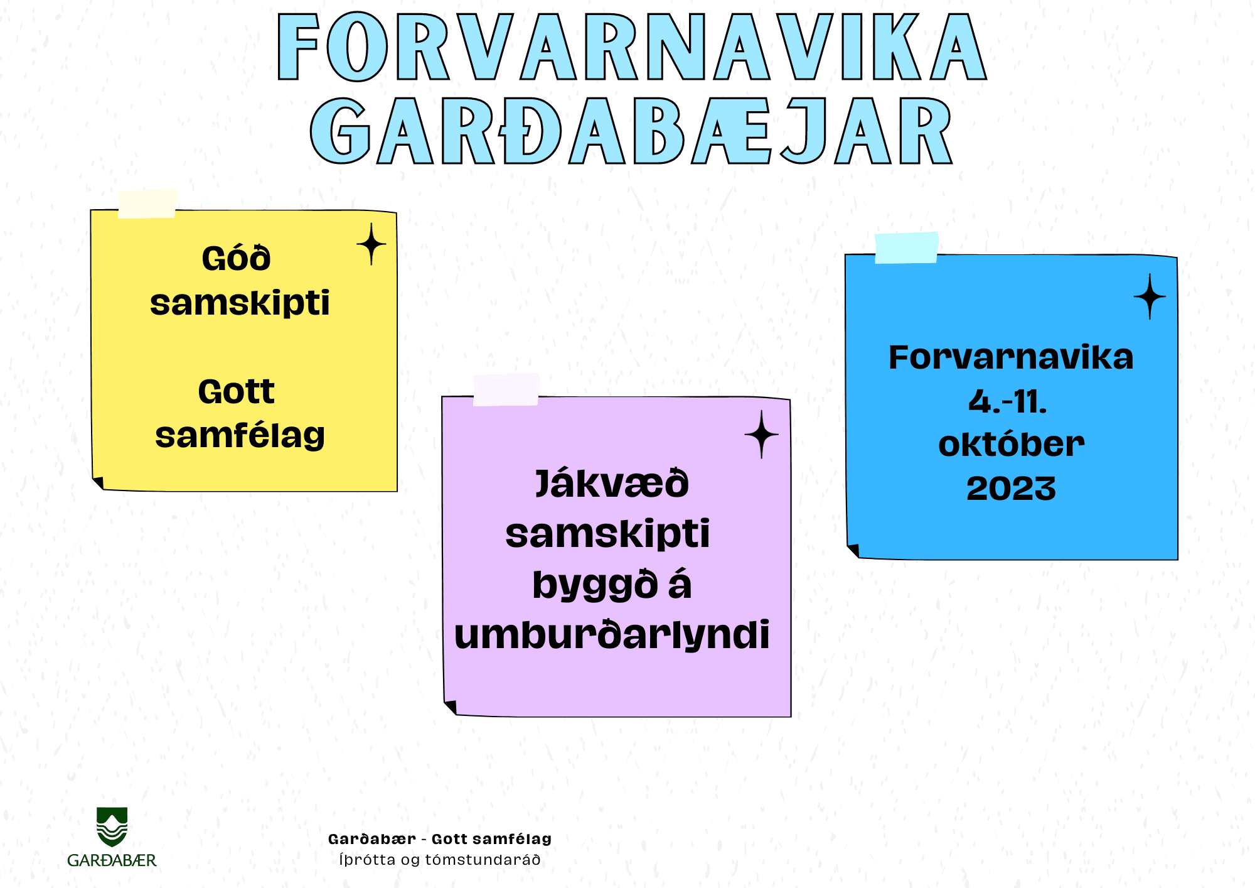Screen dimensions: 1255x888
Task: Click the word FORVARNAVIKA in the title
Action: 633,46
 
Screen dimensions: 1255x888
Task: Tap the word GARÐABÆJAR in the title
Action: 632,131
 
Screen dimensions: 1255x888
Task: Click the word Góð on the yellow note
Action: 236,258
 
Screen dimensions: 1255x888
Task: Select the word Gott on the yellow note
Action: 236,391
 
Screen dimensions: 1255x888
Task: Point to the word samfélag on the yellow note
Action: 240,435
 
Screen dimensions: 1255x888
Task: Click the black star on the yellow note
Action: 371,244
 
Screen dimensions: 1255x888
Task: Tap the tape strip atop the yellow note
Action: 147,203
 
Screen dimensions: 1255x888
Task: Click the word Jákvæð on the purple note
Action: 612,484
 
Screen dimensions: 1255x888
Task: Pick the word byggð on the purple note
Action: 594,585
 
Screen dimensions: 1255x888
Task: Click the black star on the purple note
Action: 762,435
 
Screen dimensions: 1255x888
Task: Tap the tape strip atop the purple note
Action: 506,389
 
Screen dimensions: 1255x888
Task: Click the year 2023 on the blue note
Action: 1011,488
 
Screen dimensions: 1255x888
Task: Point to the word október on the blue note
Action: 1011,444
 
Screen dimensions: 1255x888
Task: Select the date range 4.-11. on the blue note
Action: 1008,401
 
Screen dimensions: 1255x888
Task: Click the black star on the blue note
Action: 1150,296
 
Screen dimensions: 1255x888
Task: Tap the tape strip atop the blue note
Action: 907,247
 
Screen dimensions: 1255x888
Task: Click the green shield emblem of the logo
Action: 112,826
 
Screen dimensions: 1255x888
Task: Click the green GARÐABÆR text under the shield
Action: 112,860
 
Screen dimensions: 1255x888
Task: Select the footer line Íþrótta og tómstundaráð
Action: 440,860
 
